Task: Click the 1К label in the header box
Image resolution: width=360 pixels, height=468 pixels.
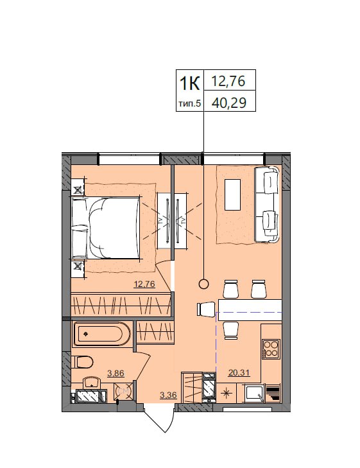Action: tap(189, 83)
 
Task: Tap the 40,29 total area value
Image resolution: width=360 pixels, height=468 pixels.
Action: tap(228, 103)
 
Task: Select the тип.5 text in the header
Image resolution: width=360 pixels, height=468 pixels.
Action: tap(190, 104)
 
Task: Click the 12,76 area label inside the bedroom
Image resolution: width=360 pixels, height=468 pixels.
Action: tap(144, 284)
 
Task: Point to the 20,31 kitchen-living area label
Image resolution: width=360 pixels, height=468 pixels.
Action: tap(239, 372)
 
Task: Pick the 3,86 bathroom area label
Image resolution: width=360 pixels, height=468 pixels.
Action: tap(115, 373)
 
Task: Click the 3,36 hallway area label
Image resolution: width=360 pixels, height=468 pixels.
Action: tap(168, 395)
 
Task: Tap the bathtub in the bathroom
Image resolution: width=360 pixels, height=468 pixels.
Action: tap(101, 334)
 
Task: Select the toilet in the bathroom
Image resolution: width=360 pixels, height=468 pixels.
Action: tap(82, 362)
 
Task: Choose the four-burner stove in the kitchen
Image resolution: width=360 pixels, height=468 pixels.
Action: tap(271, 349)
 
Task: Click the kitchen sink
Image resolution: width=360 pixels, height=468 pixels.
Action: tap(254, 393)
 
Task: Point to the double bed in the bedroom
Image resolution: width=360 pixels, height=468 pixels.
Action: tap(105, 227)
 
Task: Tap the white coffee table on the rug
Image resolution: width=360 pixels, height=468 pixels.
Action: tap(233, 195)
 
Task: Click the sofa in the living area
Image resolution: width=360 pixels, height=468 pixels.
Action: tap(267, 204)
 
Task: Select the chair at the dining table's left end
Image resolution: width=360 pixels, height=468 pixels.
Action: tap(207, 309)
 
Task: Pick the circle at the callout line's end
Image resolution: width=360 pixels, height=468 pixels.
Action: tap(203, 284)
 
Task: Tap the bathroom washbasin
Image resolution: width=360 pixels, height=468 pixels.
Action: tap(92, 383)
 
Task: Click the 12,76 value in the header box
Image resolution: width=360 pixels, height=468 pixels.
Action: tap(228, 81)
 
